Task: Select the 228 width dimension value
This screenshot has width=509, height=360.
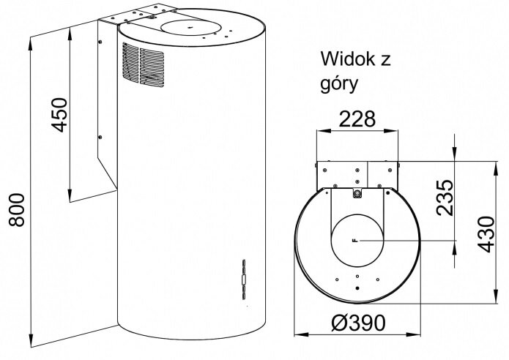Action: tap(357, 119)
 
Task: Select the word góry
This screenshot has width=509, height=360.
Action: tap(338, 83)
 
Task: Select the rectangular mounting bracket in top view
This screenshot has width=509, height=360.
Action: tap(357, 174)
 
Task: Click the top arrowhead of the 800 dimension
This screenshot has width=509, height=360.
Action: tap(30, 42)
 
